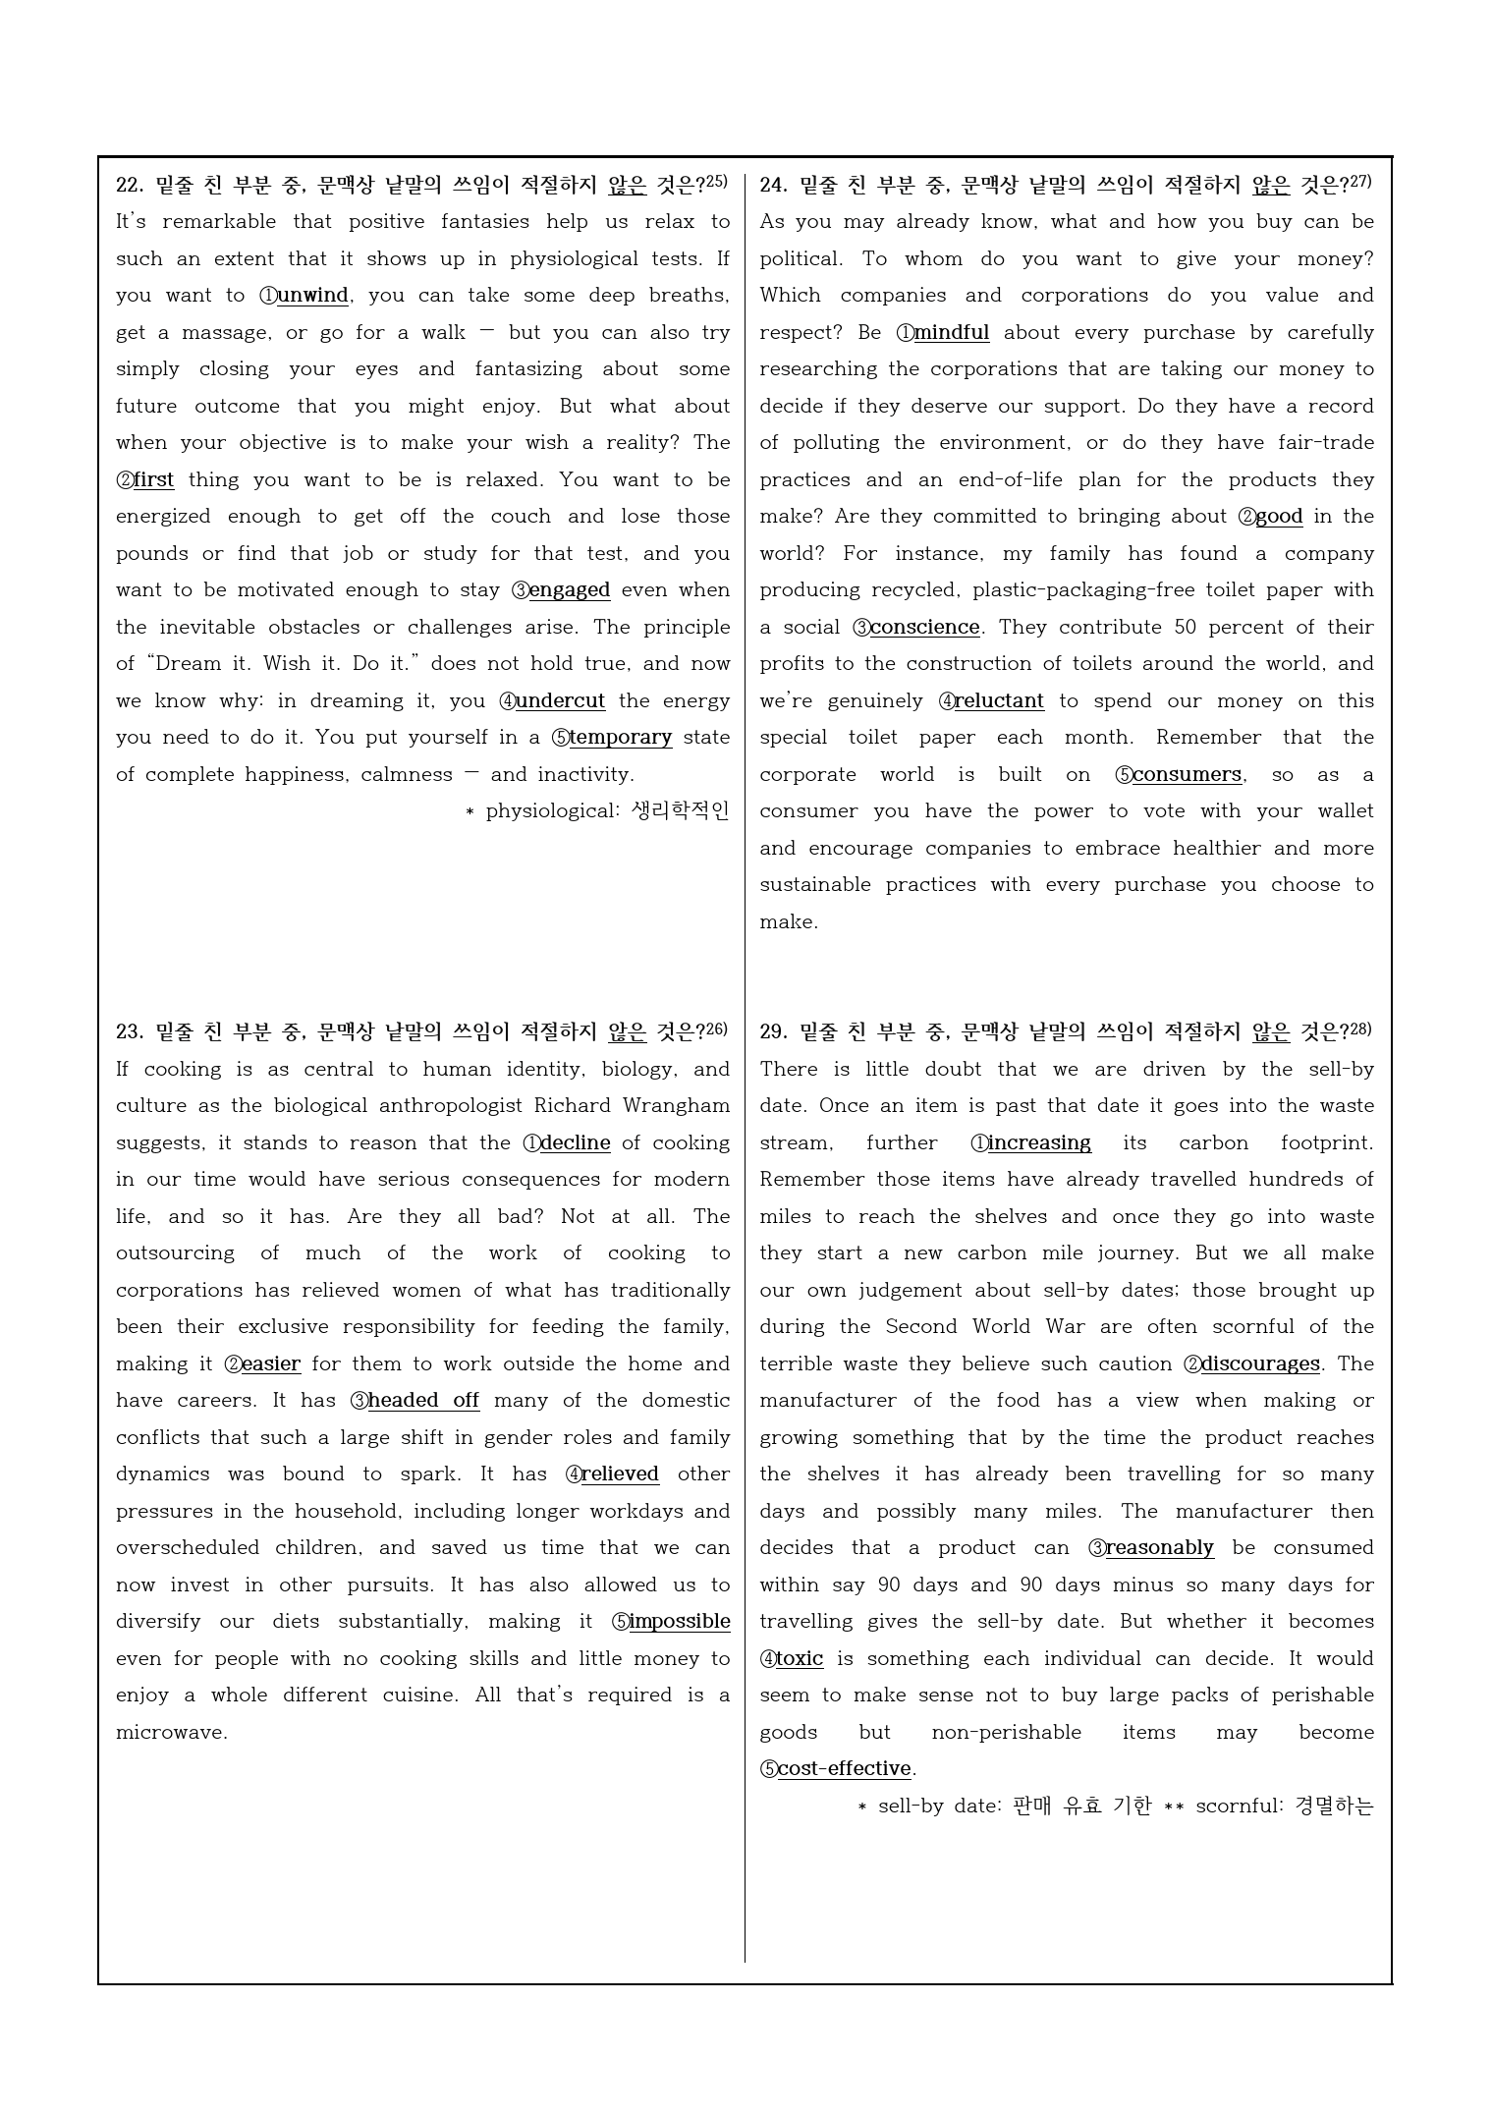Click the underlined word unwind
pyautogui.click(x=312, y=296)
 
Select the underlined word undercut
pyautogui.click(x=560, y=701)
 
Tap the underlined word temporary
pyautogui.click(x=621, y=738)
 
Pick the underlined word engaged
pyautogui.click(x=570, y=590)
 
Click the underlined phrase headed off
pyautogui.click(x=423, y=1401)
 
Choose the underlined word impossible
pyautogui.click(x=680, y=1622)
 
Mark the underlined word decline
pyautogui.click(x=576, y=1143)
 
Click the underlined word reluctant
pyautogui.click(x=999, y=701)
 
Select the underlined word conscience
pyautogui.click(x=925, y=628)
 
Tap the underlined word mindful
pyautogui.click(x=952, y=333)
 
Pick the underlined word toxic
pyautogui.click(x=800, y=1659)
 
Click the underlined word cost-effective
pyautogui.click(x=845, y=1769)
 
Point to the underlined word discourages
pyautogui.click(x=1260, y=1364)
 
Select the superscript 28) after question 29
pyautogui.click(x=1360, y=1028)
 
